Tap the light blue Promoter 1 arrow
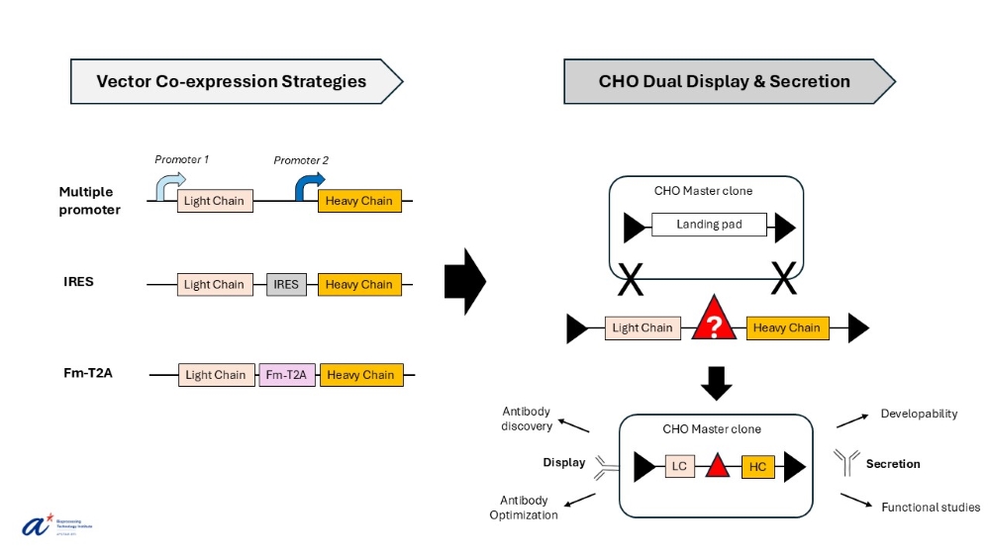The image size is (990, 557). tap(169, 185)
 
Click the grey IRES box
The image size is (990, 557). tap(286, 285)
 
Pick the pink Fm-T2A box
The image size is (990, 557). tap(287, 375)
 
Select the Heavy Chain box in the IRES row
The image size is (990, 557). tap(359, 285)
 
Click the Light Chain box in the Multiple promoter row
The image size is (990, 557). tap(214, 201)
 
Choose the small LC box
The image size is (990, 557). tap(679, 466)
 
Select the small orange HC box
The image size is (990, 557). tap(757, 466)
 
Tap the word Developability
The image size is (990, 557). tap(919, 414)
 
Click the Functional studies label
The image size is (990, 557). tap(931, 508)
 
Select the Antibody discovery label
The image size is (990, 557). tap(527, 418)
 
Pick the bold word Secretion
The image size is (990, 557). tap(893, 463)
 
